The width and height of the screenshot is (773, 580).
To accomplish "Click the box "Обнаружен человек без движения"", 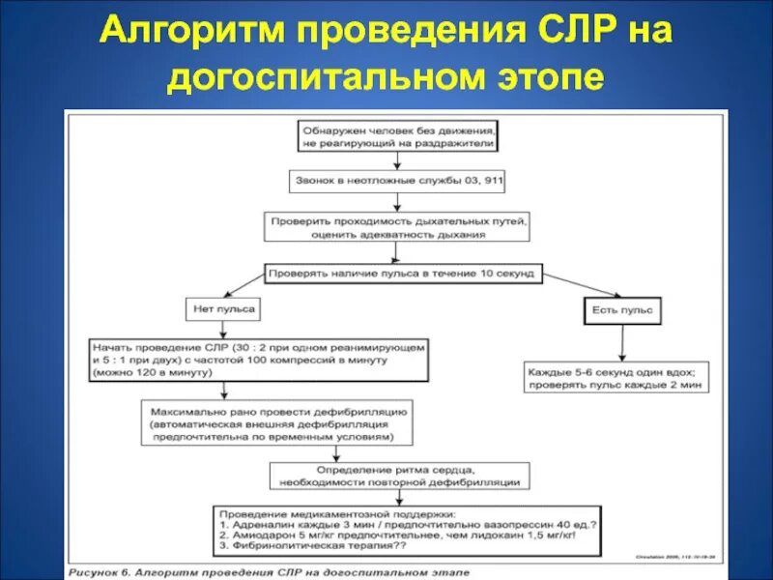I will pyautogui.click(x=397, y=135).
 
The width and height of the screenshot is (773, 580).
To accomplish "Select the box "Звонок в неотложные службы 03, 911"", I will pyautogui.click(x=397, y=181).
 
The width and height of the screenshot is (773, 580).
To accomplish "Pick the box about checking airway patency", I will pyautogui.click(x=398, y=226).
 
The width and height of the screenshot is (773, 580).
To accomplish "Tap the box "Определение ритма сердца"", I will pyautogui.click(x=398, y=474).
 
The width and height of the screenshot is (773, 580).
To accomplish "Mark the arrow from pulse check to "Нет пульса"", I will pyautogui.click(x=244, y=288).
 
